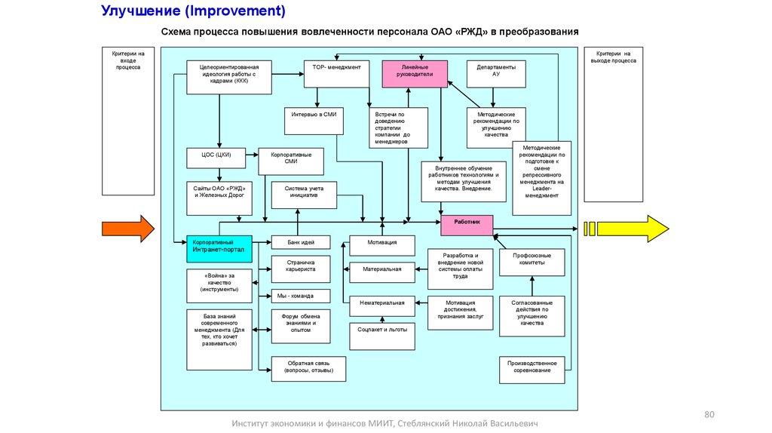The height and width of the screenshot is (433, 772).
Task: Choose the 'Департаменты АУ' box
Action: tap(495, 72)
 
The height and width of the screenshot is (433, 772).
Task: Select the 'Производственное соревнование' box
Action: tap(532, 367)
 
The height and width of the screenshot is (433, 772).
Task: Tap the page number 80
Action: tap(708, 415)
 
